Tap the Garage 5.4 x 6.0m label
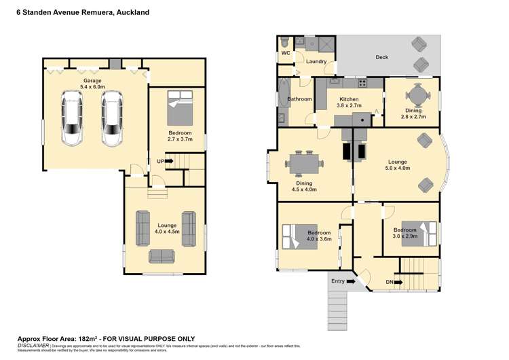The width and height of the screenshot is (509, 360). (x=92, y=84)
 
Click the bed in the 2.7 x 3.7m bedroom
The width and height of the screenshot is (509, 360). (x=181, y=109)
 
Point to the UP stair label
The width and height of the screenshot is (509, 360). (x=161, y=161)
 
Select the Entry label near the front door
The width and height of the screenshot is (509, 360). (x=337, y=281)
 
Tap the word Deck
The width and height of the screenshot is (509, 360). (x=382, y=58)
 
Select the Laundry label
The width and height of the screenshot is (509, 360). (x=316, y=62)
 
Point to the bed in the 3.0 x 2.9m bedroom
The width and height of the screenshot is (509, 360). (x=415, y=234)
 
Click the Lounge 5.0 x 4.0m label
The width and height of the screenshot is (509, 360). (x=397, y=165)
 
